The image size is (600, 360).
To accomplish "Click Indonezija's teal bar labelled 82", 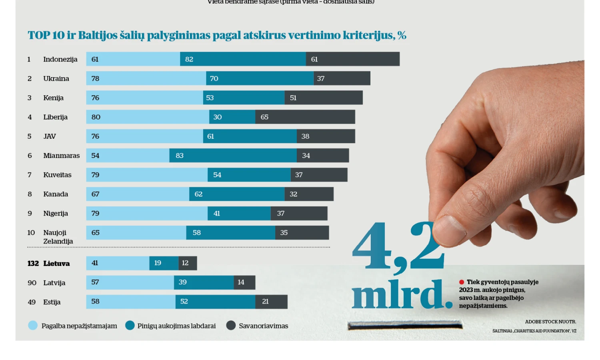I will point(243,59).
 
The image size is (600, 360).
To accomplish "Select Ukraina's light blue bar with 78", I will point(146,78).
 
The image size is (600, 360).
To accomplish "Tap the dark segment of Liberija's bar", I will point(305,117).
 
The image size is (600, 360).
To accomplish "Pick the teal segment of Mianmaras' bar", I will point(233,156).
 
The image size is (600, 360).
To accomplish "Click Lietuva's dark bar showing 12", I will point(188,263).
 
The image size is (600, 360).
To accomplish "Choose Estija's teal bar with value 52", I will point(215,302).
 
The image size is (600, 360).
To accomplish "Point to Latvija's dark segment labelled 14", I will point(244,282).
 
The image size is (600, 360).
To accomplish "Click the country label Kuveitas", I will point(57,175).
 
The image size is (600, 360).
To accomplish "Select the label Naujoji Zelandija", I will point(58,237).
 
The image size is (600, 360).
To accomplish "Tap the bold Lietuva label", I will point(56,264).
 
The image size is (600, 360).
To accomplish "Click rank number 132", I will point(33,264).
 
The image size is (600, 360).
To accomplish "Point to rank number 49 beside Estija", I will point(32,302).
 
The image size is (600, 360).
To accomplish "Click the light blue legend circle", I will point(33,326).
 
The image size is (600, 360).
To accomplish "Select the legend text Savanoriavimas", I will point(263,326).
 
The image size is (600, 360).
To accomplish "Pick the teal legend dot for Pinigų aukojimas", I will point(130,326).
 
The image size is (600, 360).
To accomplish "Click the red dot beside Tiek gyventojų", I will point(462,282).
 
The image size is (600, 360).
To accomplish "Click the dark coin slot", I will point(405,326).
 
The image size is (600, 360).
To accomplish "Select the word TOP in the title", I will point(39,36).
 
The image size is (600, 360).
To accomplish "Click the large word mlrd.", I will point(402,295).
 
